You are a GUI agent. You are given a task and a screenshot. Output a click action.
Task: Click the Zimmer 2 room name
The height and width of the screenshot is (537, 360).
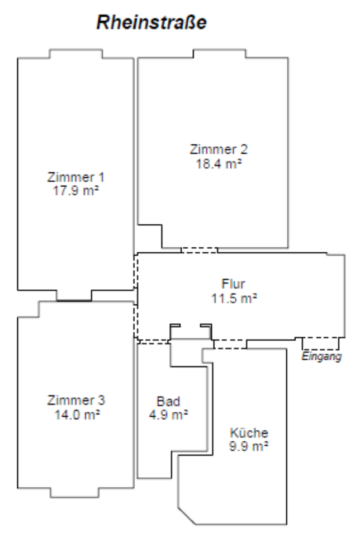[219, 150]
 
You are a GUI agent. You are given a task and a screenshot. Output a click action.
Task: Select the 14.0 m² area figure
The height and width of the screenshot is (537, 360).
[76, 414]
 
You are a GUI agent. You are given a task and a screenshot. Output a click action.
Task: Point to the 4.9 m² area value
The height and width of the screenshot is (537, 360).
[168, 414]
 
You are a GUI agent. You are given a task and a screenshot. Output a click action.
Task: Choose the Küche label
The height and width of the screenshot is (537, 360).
[249, 432]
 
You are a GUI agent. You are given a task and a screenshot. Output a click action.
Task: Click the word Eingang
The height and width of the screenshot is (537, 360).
[321, 357]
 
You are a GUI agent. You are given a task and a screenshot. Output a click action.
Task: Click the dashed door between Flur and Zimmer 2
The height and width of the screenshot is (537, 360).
[199, 250]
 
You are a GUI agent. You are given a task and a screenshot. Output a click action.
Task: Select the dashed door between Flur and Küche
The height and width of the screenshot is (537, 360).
[229, 343]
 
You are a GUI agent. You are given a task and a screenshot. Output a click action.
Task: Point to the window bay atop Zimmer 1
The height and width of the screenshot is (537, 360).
[76, 54]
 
